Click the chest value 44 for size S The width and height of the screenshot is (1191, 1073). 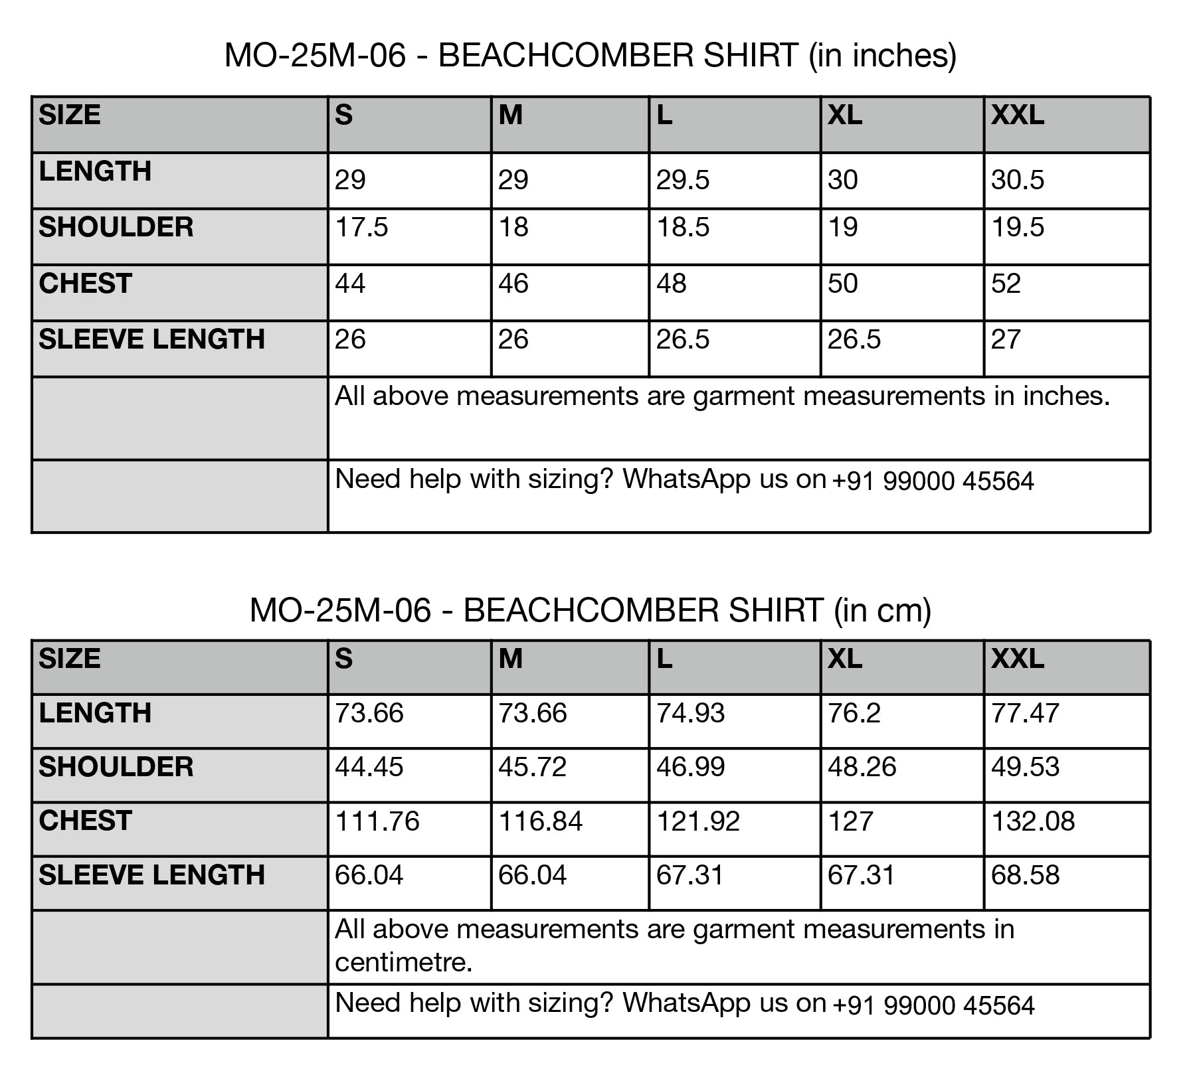pos(350,284)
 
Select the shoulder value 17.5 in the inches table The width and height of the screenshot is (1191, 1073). pos(361,227)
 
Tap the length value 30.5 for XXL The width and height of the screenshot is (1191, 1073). pos(1017,180)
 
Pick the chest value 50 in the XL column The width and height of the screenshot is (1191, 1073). pos(842,284)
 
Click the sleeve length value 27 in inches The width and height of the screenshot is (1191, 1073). pos(1005,339)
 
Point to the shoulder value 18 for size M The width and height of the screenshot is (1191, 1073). pos(513,227)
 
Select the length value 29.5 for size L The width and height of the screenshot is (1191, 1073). pos(682,180)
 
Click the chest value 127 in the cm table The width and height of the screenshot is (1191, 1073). pos(851,821)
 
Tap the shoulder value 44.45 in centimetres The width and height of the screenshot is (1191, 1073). pos(369,767)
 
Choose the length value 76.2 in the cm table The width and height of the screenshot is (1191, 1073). pos(854,713)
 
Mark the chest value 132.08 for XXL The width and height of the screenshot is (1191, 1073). pos(1032,821)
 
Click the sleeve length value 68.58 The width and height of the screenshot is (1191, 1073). pos(1025,875)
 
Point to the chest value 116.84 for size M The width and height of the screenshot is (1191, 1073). pos(540,821)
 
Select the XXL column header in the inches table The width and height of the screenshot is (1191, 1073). pos(1017,116)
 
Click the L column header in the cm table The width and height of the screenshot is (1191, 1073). pos(664,659)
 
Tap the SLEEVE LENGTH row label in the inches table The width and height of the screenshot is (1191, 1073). pos(151,339)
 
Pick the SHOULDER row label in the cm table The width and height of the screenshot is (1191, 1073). pos(116,767)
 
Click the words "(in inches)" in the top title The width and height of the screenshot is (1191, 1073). pos(882,55)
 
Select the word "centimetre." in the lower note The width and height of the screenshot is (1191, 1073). pos(403,962)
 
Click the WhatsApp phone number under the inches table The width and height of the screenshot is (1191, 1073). pos(933,481)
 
